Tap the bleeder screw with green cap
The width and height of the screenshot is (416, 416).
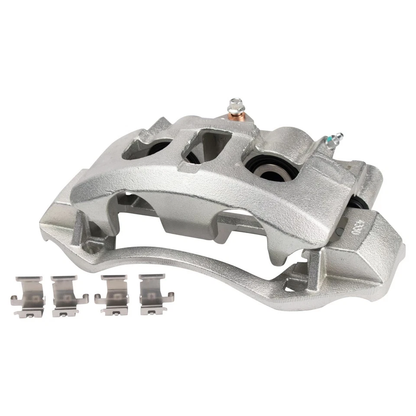(333, 141)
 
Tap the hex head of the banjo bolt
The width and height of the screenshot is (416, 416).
(235, 104)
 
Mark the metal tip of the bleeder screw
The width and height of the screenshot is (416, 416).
(339, 136)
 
